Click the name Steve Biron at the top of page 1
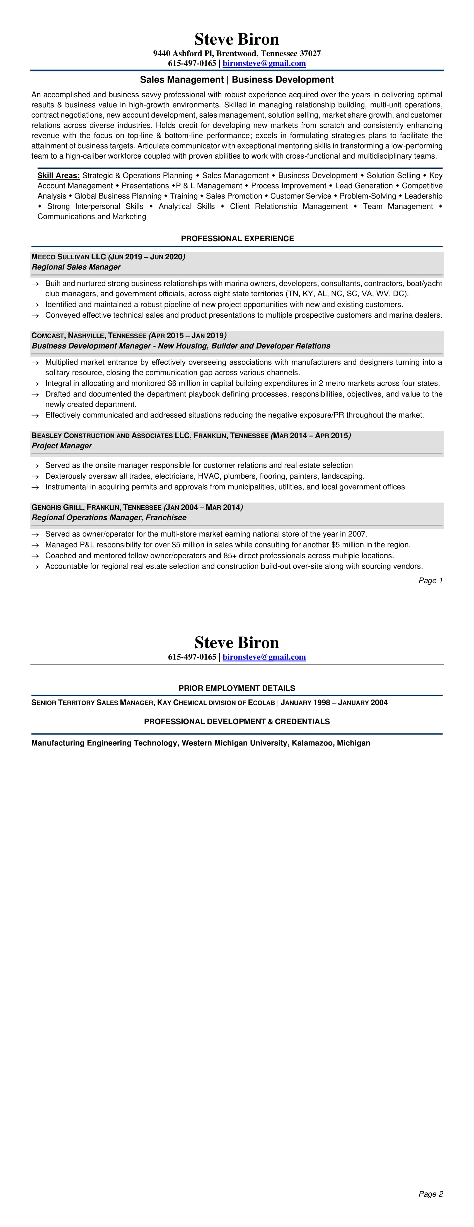(x=237, y=39)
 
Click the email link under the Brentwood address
(x=264, y=63)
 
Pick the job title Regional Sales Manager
(x=76, y=267)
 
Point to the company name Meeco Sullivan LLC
(x=68, y=257)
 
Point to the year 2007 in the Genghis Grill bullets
(x=357, y=534)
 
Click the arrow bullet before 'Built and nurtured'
(x=35, y=284)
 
